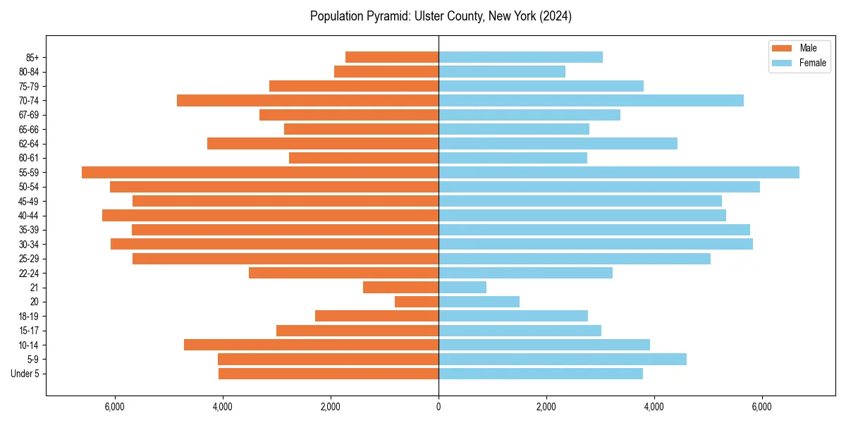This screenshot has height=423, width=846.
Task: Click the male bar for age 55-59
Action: pos(260,173)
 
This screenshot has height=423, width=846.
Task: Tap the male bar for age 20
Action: pos(417,302)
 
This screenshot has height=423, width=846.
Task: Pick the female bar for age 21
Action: pos(462,288)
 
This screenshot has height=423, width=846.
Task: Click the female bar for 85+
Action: pos(520,57)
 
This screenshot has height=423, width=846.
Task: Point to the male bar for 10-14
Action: pos(311,345)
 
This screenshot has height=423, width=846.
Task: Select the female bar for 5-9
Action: pos(563,360)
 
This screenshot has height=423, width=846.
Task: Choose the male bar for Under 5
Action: pos(329,374)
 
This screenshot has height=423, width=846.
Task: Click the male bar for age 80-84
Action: pos(386,72)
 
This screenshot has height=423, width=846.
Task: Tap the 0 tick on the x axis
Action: pos(439,407)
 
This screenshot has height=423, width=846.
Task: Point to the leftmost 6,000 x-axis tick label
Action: pos(114,407)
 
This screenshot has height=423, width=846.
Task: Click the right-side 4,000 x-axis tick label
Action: pos(654,407)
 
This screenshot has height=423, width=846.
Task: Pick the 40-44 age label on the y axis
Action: pos(29,216)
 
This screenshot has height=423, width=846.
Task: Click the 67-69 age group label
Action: pos(29,115)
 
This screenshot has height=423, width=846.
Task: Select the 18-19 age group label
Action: pos(29,317)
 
